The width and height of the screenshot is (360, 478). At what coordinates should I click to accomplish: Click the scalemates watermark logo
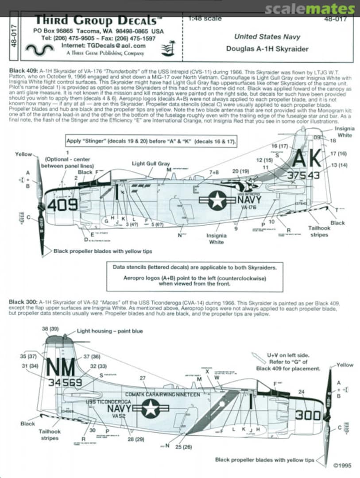point(310,9)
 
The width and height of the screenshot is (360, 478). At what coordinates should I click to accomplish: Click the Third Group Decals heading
point(95,20)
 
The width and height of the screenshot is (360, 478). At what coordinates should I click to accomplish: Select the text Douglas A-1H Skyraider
point(267,49)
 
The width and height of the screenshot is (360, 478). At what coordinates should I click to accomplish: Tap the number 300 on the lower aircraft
point(308,415)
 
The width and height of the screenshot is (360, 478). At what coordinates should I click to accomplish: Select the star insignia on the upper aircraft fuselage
point(217,200)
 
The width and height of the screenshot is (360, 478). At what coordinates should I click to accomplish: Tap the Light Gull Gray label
point(151,164)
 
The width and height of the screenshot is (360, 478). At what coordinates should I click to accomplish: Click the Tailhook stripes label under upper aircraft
point(319,231)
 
